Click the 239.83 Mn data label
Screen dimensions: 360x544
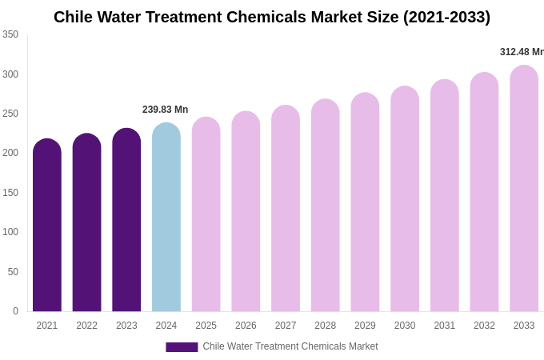pos(165,110)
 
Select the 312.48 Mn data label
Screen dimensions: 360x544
pos(522,52)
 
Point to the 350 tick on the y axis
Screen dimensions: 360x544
pos(10,34)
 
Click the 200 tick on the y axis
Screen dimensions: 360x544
pos(10,153)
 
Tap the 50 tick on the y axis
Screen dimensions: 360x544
pos(13,272)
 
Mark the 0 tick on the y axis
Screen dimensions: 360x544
pos(15,311)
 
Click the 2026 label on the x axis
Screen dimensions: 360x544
pos(246,326)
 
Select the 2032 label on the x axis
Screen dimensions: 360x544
pos(484,326)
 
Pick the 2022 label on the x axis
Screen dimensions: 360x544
pos(86,326)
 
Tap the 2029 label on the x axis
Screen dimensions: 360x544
pos(365,326)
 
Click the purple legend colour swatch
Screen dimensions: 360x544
pos(182,347)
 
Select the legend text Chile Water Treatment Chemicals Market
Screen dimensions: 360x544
pos(290,346)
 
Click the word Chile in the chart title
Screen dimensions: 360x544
pos(74,17)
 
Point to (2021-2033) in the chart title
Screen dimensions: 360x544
pos(446,17)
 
